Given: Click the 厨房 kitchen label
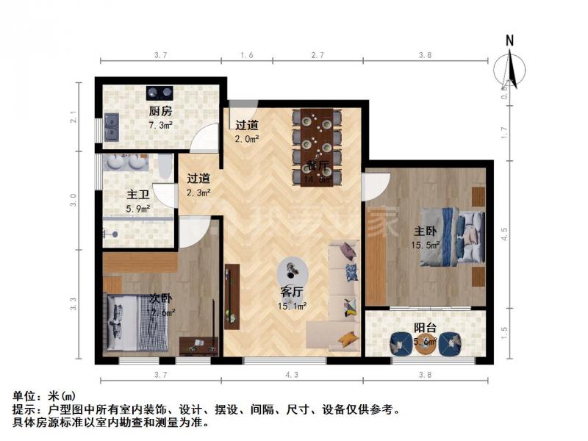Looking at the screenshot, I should pos(160,112).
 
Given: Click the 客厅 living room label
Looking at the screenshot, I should pos(292,292).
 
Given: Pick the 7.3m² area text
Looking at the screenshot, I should pos(160,126).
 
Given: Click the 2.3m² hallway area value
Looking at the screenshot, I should pos(198,193).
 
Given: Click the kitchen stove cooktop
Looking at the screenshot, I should pos(160,93).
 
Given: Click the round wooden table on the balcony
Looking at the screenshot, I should pos(425,344).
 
